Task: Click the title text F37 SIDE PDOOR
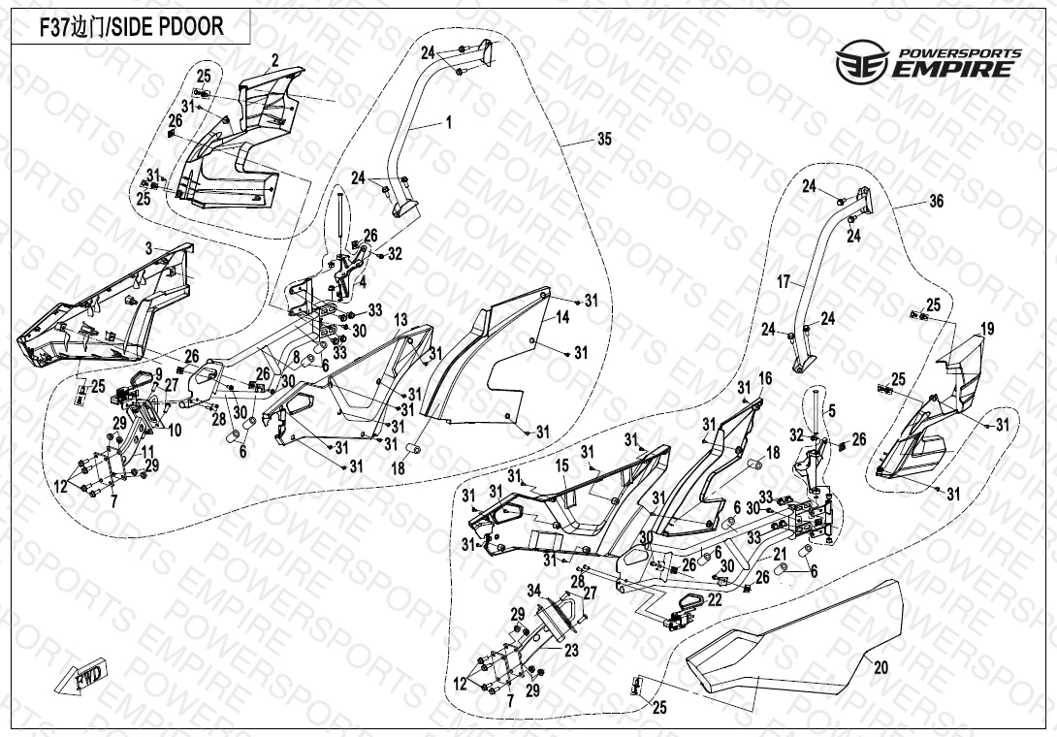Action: pyautogui.click(x=131, y=27)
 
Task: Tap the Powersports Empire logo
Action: pyautogui.click(x=928, y=62)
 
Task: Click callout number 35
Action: pyautogui.click(x=604, y=140)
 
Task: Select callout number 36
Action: pyautogui.click(x=936, y=202)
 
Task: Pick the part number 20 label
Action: pyautogui.click(x=881, y=667)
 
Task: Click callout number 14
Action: pyautogui.click(x=561, y=317)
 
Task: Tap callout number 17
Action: pyautogui.click(x=784, y=283)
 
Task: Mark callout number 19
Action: pyautogui.click(x=987, y=330)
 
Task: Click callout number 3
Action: pyautogui.click(x=148, y=249)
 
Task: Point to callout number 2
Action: pyautogui.click(x=275, y=60)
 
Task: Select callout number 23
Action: pyautogui.click(x=571, y=651)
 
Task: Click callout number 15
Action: pyautogui.click(x=561, y=466)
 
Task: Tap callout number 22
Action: pyautogui.click(x=715, y=600)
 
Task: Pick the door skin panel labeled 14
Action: pyautogui.click(x=504, y=368)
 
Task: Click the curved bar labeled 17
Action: pyautogui.click(x=819, y=281)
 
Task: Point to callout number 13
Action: pyautogui.click(x=400, y=319)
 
